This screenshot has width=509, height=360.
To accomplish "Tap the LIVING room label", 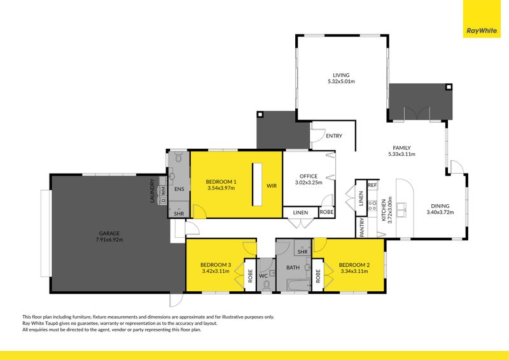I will point(341,75).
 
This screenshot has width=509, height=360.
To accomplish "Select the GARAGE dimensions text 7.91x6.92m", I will point(109,240).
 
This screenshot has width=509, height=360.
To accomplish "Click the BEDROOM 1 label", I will point(221,181).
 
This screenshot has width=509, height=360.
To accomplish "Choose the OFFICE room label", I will point(309,176).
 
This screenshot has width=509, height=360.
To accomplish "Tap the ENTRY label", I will point(333,135).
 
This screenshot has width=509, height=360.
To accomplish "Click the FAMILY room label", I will point(401,147).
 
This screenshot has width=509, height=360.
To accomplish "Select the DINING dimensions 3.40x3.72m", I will point(439,212).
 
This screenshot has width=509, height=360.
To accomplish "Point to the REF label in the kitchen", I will point(372,185).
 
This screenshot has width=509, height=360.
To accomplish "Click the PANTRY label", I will point(362,227).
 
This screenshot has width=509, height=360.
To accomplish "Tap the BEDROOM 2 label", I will point(354,265).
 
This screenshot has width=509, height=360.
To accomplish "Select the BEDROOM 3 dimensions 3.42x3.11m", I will point(216,272).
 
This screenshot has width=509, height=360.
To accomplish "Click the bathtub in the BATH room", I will point(296,287).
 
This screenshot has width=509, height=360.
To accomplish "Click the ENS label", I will point(179,189).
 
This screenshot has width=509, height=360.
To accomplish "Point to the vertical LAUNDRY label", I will point(153,191).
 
